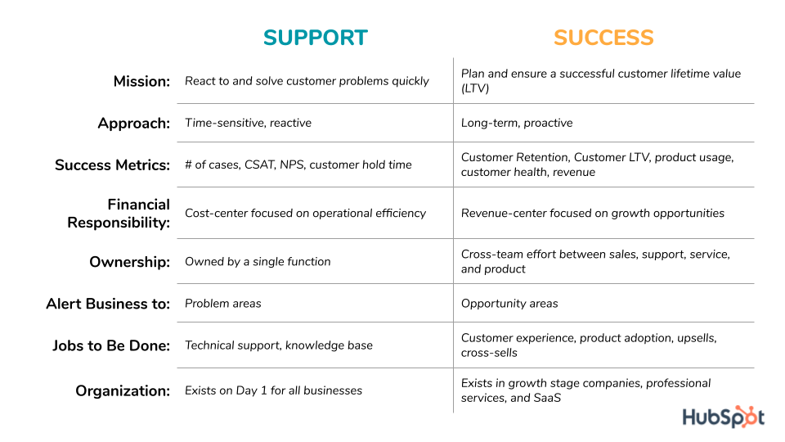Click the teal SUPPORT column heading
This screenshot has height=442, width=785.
pyautogui.click(x=315, y=38)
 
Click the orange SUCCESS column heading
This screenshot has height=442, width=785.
pyautogui.click(x=603, y=38)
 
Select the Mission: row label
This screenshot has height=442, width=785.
pyautogui.click(x=141, y=81)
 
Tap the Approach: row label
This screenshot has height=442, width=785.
pyautogui.click(x=134, y=124)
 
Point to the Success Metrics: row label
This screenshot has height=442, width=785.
pyautogui.click(x=113, y=165)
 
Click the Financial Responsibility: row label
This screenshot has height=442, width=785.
pyautogui.click(x=119, y=213)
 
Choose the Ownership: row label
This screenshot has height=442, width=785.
pyautogui.click(x=130, y=262)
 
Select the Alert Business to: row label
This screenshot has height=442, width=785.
pyautogui.click(x=108, y=304)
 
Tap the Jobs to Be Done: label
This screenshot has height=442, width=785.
pyautogui.click(x=111, y=345)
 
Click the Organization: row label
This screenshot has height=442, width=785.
pyautogui.click(x=123, y=391)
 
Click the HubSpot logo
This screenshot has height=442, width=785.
pyautogui.click(x=723, y=417)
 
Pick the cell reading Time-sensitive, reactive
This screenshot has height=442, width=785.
pyautogui.click(x=248, y=123)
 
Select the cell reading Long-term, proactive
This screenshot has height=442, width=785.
pyautogui.click(x=517, y=123)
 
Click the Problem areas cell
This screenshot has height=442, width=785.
pyautogui.click(x=223, y=303)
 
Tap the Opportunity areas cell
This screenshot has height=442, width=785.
pyautogui.click(x=509, y=303)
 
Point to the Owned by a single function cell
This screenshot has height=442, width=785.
pyautogui.click(x=258, y=261)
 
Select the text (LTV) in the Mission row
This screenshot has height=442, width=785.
pyautogui.click(x=474, y=88)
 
